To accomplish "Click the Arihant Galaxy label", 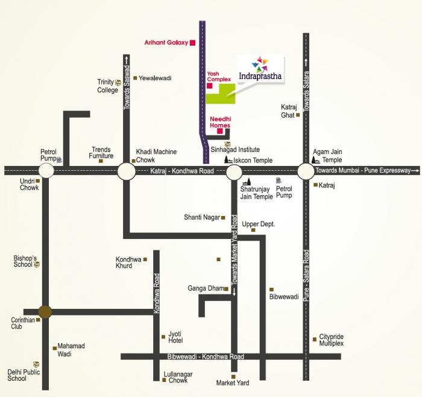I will click(166, 43).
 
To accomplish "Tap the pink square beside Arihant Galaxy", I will click(192, 43).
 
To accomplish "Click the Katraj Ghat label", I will click(289, 110).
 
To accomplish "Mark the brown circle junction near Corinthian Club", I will click(45, 311).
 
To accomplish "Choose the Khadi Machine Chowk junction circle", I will click(126, 171).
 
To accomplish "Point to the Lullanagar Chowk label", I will click(178, 378).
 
